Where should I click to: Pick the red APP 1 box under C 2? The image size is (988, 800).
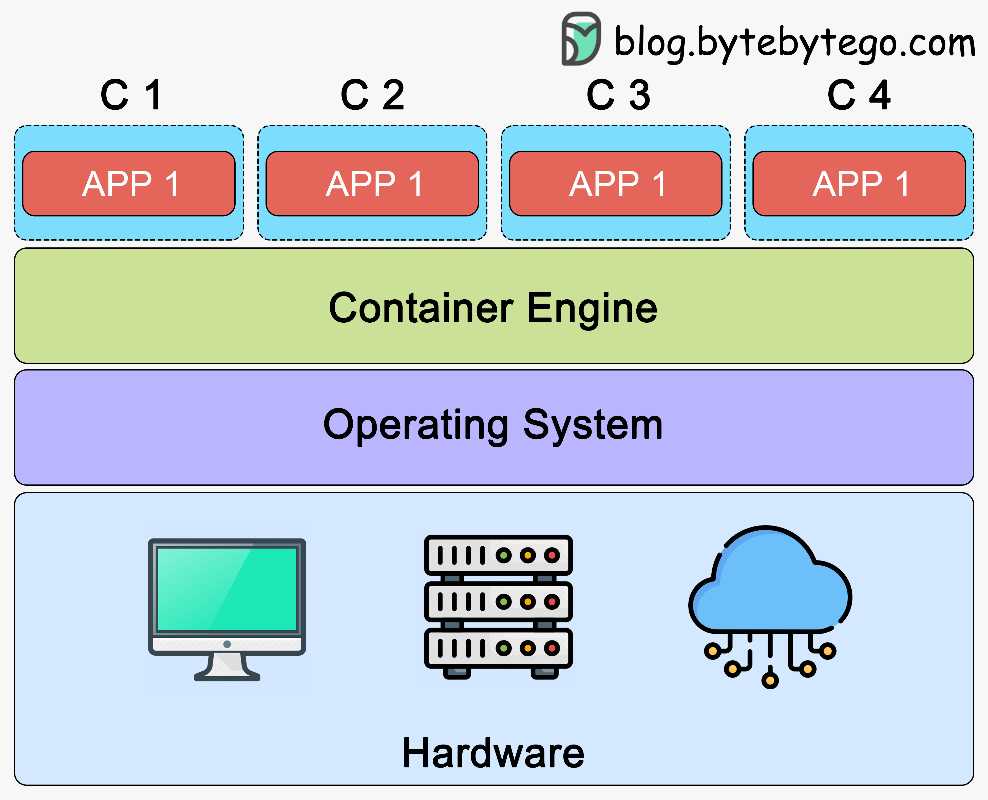pos(372,183)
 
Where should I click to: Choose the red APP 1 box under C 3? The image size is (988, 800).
pos(616,183)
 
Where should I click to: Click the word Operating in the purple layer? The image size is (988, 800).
pos(416,425)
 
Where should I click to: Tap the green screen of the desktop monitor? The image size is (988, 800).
pos(227,589)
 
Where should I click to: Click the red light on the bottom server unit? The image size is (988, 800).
pos(552,648)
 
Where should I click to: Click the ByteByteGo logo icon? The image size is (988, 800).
pos(581,39)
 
